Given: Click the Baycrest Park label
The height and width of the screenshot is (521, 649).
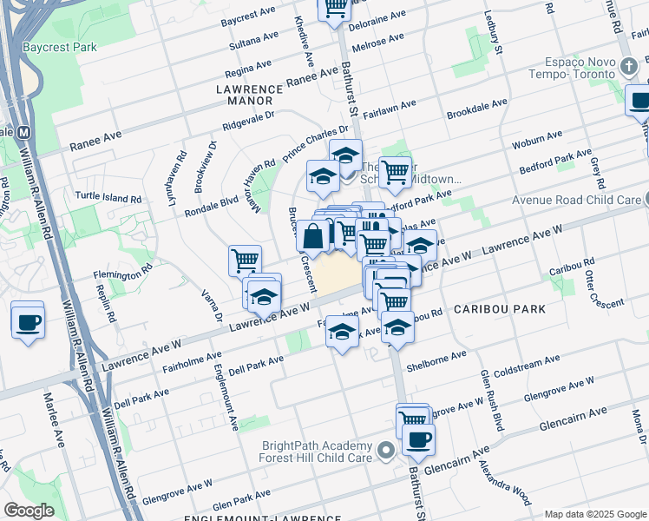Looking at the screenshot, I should pyautogui.click(x=60, y=47).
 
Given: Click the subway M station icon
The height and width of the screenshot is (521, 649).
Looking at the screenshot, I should pyautogui.click(x=24, y=132).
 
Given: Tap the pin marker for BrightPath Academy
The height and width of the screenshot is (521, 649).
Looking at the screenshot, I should pyautogui.click(x=386, y=450).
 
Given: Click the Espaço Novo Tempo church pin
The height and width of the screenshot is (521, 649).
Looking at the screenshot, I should pyautogui.click(x=628, y=65).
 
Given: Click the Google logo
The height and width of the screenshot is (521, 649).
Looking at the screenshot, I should pyautogui.click(x=29, y=510).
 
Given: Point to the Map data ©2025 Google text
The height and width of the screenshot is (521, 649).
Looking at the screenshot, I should pyautogui.click(x=594, y=514).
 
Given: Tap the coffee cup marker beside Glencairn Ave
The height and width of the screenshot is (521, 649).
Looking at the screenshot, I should pyautogui.click(x=418, y=439).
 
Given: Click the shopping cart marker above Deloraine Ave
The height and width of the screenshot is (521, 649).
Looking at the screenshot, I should pyautogui.click(x=334, y=7).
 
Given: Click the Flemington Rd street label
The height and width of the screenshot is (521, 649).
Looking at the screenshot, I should pyautogui.click(x=123, y=275).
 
